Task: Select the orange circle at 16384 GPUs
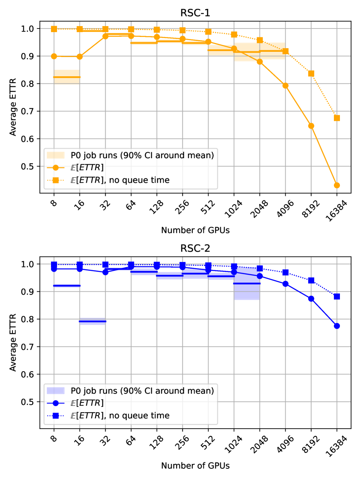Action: tap(337, 185)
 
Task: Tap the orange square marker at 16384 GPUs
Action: tap(337, 118)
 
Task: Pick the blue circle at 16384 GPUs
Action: tap(337, 326)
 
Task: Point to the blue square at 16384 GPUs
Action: tap(337, 297)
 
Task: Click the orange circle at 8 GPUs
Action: tap(54, 56)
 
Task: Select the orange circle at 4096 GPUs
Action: tap(285, 85)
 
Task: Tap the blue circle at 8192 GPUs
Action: tap(311, 299)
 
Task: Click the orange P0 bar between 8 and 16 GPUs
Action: tap(67, 77)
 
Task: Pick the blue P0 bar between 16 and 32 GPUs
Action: tap(92, 321)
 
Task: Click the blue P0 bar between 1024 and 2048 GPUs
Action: tap(247, 283)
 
